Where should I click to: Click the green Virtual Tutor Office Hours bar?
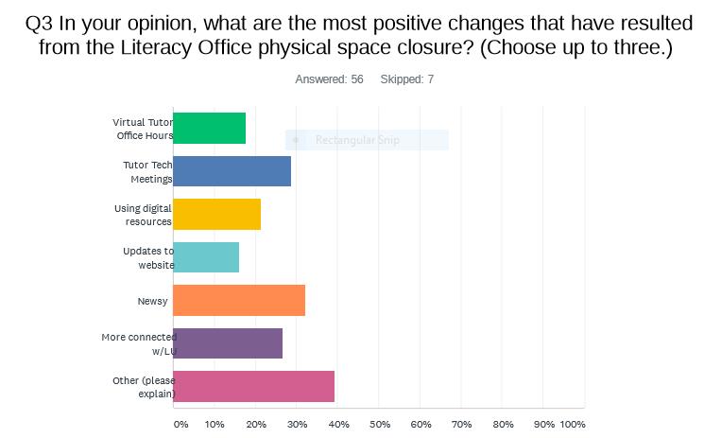(x=209, y=129)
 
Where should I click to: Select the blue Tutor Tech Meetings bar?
(x=232, y=171)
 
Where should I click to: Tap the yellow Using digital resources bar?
(x=216, y=215)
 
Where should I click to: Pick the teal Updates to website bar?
(x=206, y=257)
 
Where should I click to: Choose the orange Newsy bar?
(x=239, y=301)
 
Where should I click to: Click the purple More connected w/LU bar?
(x=228, y=343)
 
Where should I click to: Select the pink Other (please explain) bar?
(x=253, y=387)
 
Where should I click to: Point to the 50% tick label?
(x=380, y=424)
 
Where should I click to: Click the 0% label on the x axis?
(x=180, y=424)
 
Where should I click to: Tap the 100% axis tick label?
(x=573, y=424)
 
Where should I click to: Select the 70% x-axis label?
(x=462, y=424)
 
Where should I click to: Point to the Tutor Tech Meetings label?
(x=147, y=171)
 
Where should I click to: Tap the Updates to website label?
(x=148, y=257)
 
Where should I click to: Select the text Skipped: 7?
(x=407, y=79)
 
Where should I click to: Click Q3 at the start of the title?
(x=42, y=25)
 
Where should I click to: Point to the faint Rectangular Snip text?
(x=357, y=140)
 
